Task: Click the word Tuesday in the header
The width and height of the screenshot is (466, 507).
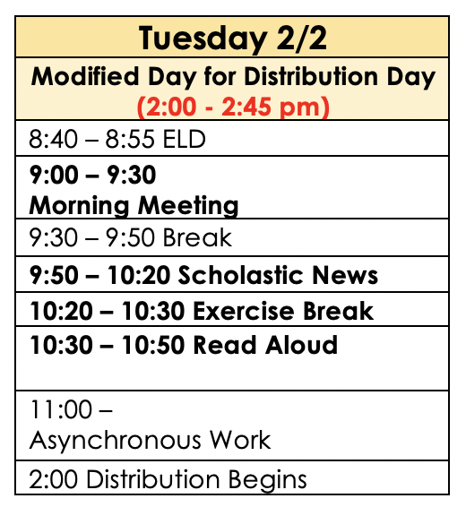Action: click(x=203, y=39)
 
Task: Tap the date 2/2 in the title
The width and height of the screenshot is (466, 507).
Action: click(x=302, y=39)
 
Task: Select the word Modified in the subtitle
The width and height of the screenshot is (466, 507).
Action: click(x=85, y=76)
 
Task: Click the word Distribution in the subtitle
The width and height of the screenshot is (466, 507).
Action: click(x=311, y=76)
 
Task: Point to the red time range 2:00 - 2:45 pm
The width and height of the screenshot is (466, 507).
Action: click(x=233, y=107)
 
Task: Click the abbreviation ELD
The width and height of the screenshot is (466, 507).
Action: click(x=184, y=139)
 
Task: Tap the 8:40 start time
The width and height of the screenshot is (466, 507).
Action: click(x=54, y=139)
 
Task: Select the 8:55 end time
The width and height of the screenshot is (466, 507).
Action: click(x=130, y=139)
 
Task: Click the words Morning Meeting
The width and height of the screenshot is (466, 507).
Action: click(x=134, y=205)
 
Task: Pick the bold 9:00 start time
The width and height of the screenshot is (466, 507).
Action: click(x=54, y=175)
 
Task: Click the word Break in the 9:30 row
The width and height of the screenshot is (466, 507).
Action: click(x=197, y=237)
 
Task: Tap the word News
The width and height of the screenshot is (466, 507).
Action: click(x=345, y=275)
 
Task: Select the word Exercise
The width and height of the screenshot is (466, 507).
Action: click(x=244, y=311)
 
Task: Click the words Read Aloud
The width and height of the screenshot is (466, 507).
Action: click(x=265, y=345)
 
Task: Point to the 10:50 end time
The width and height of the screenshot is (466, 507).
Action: click(x=153, y=345)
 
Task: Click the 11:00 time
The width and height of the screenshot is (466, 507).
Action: click(x=61, y=409)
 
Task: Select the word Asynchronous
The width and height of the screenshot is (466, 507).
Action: click(x=116, y=441)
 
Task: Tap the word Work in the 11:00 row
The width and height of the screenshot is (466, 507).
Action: click(x=240, y=440)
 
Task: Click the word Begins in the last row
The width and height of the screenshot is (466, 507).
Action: click(x=268, y=480)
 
